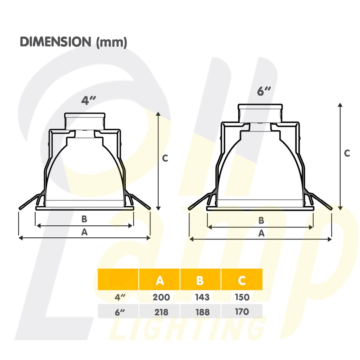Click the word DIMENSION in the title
pos(55,42)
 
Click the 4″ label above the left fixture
pos(89,101)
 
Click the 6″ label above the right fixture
pos(264,91)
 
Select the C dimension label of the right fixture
pos(347,153)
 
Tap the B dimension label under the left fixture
pos(84,219)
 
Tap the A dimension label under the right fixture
pos(261,233)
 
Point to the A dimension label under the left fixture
pos(84,232)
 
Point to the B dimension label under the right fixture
pos(261,220)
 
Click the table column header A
pos(160,280)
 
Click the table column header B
pos(200,280)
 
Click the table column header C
pos(242,280)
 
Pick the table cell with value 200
pos(161,297)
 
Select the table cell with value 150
pos(242,297)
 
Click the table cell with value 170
pos(242,312)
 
